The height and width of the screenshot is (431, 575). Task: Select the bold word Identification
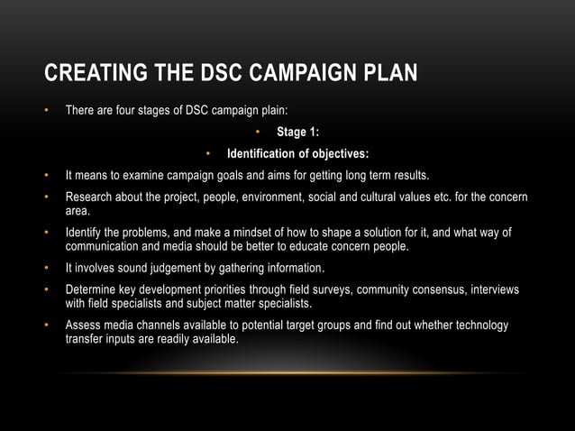265,153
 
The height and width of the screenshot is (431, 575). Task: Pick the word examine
141,174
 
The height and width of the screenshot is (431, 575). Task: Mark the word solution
383,233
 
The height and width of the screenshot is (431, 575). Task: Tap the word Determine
93,289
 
